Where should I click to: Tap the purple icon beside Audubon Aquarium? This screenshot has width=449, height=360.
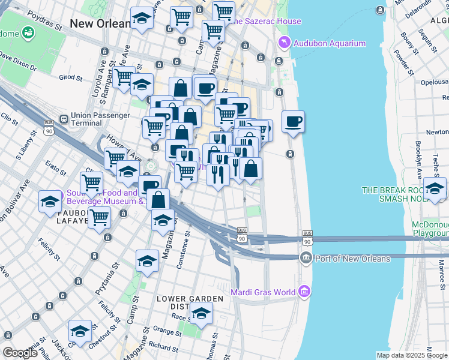[285, 43]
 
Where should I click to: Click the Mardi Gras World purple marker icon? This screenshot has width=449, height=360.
[305, 292]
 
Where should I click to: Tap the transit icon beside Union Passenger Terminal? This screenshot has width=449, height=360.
[64, 119]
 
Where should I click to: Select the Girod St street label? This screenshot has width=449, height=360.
[70, 77]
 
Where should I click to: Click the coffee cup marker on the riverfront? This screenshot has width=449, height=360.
[293, 122]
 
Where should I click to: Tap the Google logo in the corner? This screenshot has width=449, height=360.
[20, 353]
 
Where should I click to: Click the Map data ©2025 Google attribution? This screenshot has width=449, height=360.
[411, 355]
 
